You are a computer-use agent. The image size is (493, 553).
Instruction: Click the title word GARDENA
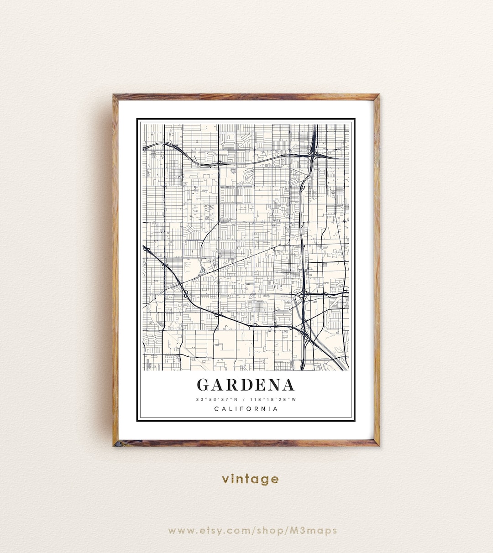pos(246,385)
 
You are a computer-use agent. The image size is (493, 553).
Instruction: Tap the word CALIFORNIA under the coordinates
pos(246,408)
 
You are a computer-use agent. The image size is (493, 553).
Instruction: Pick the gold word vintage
pos(250,479)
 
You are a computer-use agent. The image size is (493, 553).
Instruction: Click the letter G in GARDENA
pos(204,385)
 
